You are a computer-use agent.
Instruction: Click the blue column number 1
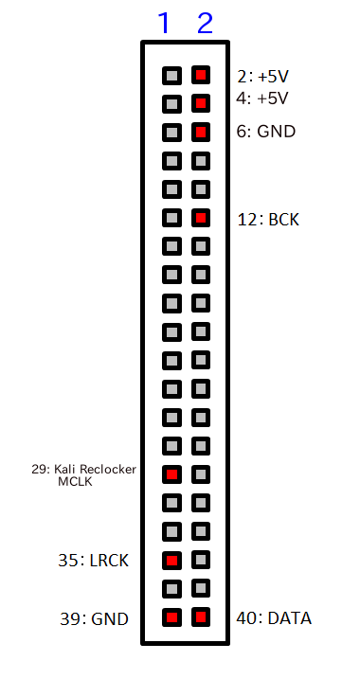coord(163,23)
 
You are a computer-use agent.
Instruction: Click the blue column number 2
coord(205,23)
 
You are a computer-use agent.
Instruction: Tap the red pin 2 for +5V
coord(200,74)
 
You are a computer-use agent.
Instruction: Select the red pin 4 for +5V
coord(200,102)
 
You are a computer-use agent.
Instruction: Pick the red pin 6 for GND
coord(200,132)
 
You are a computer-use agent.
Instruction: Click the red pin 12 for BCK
coord(200,218)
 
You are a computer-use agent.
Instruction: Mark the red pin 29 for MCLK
coord(171,474)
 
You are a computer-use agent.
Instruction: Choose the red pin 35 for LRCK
coord(171,560)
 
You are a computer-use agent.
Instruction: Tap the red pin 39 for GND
coord(171,618)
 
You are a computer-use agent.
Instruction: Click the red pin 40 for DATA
coord(200,618)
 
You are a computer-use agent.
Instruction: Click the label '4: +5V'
coord(261,98)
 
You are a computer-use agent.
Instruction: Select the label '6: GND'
coord(265,132)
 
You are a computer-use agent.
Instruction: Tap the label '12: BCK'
coord(268,220)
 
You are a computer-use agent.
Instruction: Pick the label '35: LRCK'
coord(93,561)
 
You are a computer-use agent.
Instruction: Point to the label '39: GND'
coord(93,619)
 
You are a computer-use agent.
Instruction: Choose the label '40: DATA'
coord(274,618)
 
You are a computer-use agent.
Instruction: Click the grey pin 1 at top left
coord(171,74)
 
